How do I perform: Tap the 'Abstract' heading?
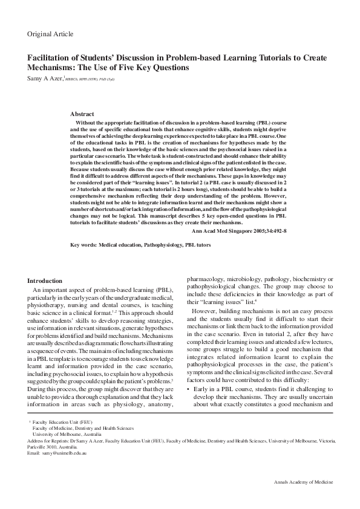point(82,114)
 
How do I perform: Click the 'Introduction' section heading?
point(45,280)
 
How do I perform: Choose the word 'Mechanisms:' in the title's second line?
point(50,68)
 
